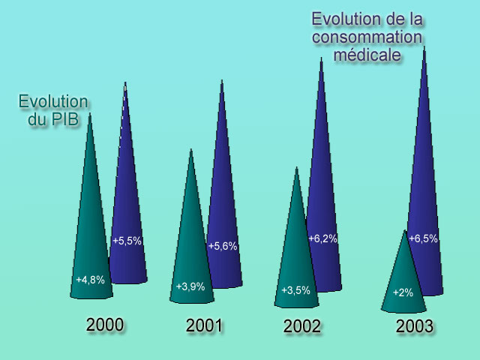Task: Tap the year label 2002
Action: pos(302,327)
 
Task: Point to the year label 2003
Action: pos(415,327)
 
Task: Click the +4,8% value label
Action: pos(90,280)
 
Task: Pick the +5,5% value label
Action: pos(127,241)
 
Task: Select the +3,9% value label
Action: pos(190,286)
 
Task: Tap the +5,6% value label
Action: pos(223,246)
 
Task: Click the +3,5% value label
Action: pos(295,290)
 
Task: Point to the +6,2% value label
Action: pos(322,238)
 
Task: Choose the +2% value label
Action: pos(403,292)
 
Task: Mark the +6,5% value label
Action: pos(423,238)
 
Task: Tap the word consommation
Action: pos(367,37)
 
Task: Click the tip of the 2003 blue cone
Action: pos(424,47)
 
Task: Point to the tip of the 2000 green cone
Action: pos(90,114)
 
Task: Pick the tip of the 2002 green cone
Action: pos(297,168)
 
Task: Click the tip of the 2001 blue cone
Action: pos(221,80)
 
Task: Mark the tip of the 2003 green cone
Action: pos(406,231)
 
